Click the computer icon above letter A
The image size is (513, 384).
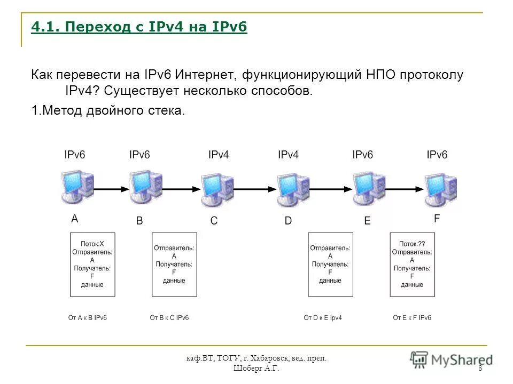pyautogui.click(x=78, y=187)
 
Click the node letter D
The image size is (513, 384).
pyautogui.click(x=288, y=221)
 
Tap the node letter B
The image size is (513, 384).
pyautogui.click(x=139, y=221)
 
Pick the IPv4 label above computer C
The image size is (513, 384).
pyautogui.click(x=219, y=155)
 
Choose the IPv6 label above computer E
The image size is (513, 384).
pyautogui.click(x=362, y=155)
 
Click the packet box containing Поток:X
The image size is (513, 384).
pyautogui.click(x=92, y=265)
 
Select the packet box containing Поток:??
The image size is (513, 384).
pyautogui.click(x=412, y=265)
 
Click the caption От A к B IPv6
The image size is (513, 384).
pyautogui.click(x=88, y=318)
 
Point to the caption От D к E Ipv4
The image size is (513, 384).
pyautogui.click(x=323, y=318)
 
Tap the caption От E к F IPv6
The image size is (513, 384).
pyautogui.click(x=412, y=318)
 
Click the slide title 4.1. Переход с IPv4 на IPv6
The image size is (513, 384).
pyautogui.click(x=139, y=27)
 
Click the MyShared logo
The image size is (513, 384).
pyautogui.click(x=452, y=359)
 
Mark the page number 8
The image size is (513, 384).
pyautogui.click(x=480, y=369)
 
